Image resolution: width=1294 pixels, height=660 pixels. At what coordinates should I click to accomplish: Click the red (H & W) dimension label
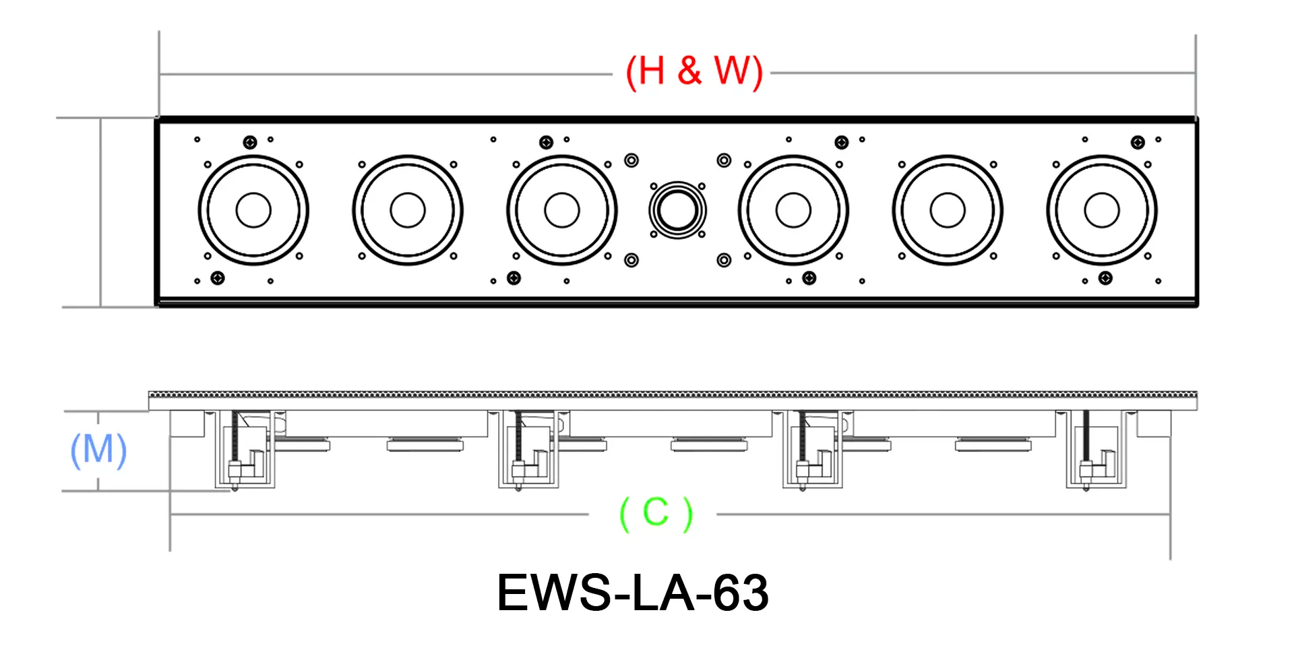[694, 71]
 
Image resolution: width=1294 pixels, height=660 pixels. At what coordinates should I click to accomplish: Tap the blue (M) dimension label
[98, 450]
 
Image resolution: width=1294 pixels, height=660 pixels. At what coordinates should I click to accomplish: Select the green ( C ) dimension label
[656, 514]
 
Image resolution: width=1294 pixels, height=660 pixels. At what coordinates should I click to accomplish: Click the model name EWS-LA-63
[632, 593]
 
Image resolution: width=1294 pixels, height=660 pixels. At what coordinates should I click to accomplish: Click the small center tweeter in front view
[677, 209]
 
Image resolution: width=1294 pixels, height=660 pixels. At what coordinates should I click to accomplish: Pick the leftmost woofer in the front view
[253, 210]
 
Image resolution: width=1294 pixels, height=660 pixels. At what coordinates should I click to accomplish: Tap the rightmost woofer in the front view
[1102, 210]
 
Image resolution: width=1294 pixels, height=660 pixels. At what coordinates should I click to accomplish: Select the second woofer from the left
[408, 210]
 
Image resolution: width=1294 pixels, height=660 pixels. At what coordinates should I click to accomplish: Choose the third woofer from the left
[562, 210]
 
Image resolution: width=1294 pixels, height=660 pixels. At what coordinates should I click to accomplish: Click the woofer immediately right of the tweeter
[793, 210]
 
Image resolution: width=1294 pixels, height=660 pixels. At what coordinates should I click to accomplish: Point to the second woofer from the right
[948, 210]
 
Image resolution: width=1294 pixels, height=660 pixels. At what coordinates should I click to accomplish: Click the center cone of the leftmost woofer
[253, 210]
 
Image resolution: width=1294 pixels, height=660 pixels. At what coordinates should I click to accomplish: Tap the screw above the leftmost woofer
[250, 142]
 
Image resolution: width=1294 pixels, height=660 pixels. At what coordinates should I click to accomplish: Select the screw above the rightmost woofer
[1138, 142]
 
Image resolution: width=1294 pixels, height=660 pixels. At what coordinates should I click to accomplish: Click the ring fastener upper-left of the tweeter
[631, 160]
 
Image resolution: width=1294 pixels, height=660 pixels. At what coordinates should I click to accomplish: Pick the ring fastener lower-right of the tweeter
[724, 260]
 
